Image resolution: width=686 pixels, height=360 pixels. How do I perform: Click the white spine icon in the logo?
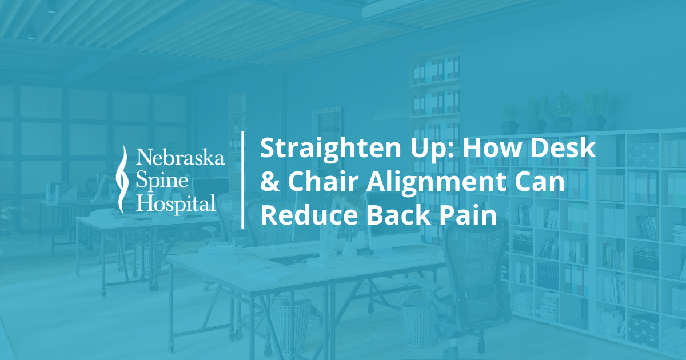coord(121,178)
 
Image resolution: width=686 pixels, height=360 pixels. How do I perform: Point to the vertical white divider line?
coord(244,179)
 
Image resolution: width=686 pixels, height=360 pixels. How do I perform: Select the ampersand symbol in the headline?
coord(268,183)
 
